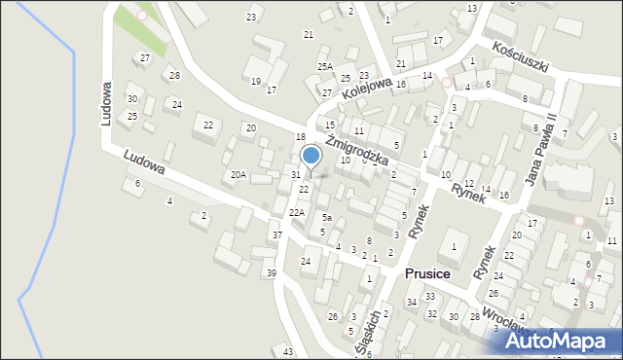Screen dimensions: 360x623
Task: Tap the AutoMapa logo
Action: [x=561, y=340]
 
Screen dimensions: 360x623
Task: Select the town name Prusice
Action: [x=426, y=274]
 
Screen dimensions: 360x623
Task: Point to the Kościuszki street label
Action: [x=521, y=57]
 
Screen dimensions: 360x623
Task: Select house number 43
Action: [x=288, y=350]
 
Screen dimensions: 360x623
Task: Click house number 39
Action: [x=271, y=273]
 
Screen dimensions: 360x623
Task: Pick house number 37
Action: [x=276, y=235]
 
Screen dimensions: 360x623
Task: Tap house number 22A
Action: [x=296, y=212]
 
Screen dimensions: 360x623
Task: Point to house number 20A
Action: [x=237, y=175]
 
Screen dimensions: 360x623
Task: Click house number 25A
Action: [x=324, y=66]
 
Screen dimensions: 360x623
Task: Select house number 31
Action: [x=295, y=175]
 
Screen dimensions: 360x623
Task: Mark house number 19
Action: [x=256, y=82]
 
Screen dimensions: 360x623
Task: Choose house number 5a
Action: [x=328, y=218]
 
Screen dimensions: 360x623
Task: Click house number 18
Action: [x=301, y=136]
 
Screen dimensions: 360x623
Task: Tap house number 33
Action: [x=429, y=296]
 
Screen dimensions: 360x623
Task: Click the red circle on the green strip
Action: [x=142, y=16]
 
